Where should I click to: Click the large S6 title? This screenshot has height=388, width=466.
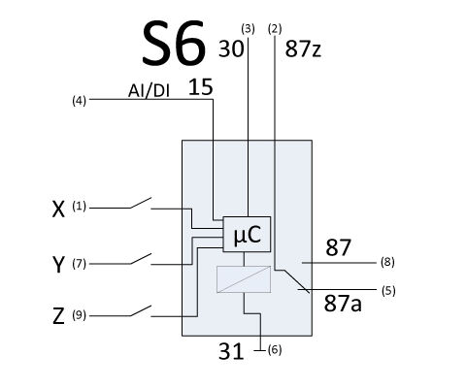click(x=174, y=43)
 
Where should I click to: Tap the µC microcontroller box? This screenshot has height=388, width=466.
click(x=247, y=234)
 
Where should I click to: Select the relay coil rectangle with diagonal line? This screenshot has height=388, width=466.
click(x=244, y=279)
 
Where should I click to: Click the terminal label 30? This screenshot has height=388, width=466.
click(x=231, y=48)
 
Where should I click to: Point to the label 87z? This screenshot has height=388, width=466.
click(x=303, y=49)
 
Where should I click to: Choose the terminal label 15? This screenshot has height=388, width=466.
click(x=201, y=87)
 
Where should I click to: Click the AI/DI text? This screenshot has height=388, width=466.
click(x=149, y=91)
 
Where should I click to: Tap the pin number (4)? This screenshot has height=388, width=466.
click(x=79, y=101)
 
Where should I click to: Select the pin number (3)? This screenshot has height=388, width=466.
click(x=248, y=29)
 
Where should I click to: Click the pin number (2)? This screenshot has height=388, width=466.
click(x=275, y=29)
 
